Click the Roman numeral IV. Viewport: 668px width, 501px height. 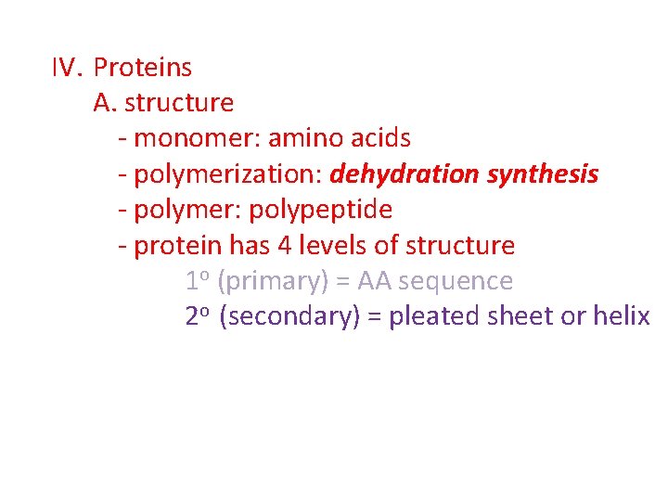pyautogui.click(x=68, y=68)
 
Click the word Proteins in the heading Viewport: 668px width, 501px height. pyautogui.click(x=143, y=68)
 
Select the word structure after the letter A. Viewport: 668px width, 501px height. pyautogui.click(x=179, y=103)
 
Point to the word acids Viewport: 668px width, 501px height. pyautogui.click(x=380, y=139)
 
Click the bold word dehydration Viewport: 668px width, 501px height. pyautogui.click(x=404, y=174)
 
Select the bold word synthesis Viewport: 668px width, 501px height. pyautogui.click(x=543, y=174)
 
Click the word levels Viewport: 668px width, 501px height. pyautogui.click(x=331, y=246)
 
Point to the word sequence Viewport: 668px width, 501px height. pyautogui.click(x=456, y=281)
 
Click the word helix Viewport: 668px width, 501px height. pyautogui.click(x=621, y=316)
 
